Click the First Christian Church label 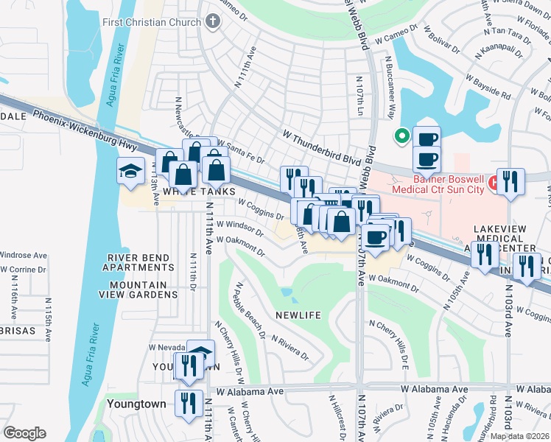click(x=153, y=22)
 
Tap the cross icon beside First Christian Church click(x=213, y=21)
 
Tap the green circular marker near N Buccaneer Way click(x=401, y=136)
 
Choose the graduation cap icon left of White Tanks click(x=130, y=172)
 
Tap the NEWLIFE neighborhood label click(x=298, y=315)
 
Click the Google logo click(x=24, y=433)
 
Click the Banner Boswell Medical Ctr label click(x=449, y=184)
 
